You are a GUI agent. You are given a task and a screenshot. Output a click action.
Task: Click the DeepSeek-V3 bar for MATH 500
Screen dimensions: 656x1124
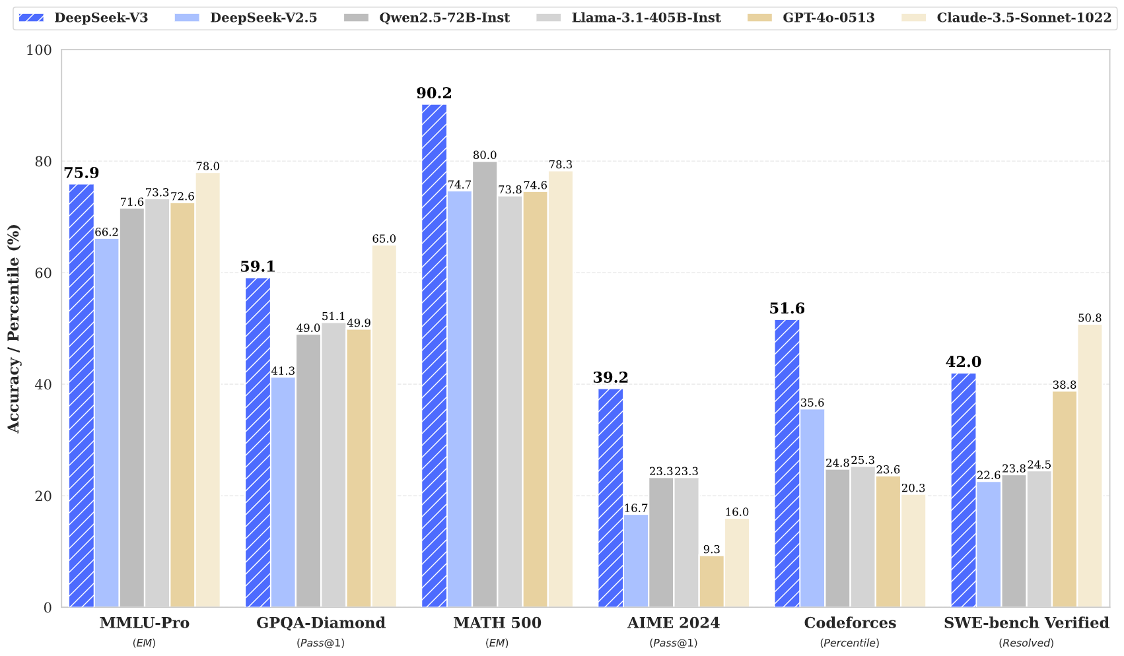tap(434, 356)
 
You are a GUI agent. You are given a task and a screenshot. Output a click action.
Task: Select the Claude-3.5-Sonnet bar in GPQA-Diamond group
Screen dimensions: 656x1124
tap(384, 426)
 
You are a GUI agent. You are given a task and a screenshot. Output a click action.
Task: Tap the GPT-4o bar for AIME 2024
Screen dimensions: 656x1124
tap(711, 581)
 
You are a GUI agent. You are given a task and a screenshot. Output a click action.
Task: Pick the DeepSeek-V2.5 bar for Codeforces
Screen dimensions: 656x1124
tap(812, 508)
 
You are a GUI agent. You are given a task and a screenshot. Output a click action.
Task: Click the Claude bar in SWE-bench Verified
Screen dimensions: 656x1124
tap(1090, 466)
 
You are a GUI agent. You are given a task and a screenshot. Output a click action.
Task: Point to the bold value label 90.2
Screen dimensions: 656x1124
tap(434, 93)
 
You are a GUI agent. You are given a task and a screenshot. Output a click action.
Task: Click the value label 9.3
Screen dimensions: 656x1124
tap(711, 549)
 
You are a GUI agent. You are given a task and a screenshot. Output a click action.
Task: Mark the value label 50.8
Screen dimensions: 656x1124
tap(1090, 318)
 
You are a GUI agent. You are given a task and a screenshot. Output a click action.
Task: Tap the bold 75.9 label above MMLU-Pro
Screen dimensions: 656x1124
tap(81, 173)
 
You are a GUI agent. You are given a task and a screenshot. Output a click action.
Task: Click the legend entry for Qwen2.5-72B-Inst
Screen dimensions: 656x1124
tap(444, 18)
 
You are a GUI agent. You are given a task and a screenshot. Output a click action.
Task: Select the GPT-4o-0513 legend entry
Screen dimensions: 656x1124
tap(828, 18)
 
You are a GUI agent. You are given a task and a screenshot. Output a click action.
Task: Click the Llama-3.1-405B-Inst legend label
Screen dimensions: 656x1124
tap(646, 18)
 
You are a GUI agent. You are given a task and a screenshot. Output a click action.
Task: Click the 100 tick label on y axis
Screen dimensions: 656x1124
tap(40, 50)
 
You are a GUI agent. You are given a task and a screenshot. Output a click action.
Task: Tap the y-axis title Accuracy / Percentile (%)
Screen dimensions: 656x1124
tap(14, 329)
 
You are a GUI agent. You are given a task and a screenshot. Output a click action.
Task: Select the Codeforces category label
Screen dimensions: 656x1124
tap(849, 623)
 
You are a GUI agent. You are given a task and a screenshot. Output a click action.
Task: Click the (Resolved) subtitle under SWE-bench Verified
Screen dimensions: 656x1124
tap(1026, 643)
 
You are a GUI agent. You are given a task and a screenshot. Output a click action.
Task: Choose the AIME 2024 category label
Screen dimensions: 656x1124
tap(673, 623)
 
